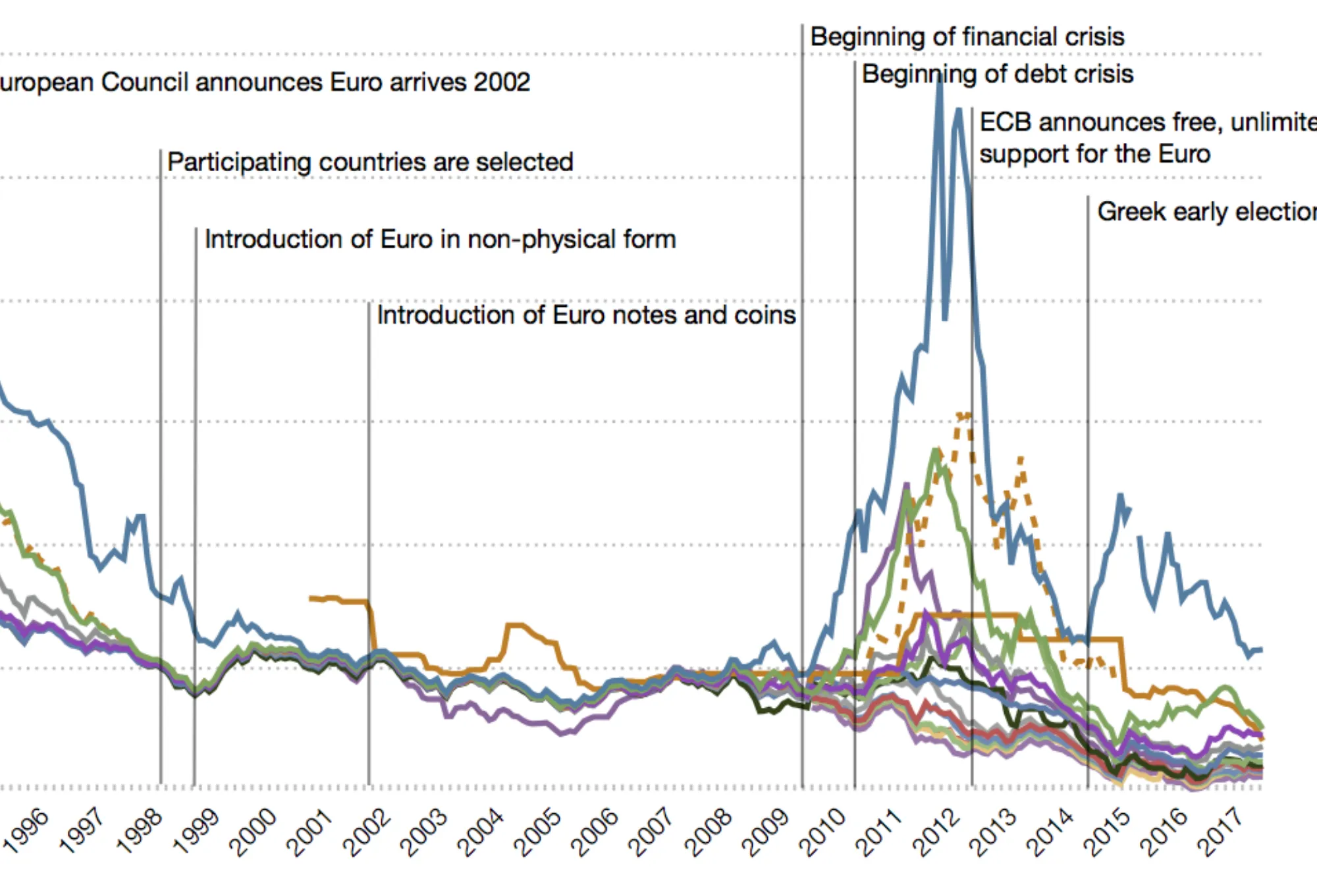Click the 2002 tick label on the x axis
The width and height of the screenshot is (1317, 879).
tap(367, 832)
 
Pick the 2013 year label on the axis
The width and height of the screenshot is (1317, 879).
tap(992, 832)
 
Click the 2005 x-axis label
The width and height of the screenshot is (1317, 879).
tap(537, 832)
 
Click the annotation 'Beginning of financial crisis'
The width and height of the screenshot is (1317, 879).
tap(967, 37)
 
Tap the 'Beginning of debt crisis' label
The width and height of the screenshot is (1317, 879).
tap(997, 74)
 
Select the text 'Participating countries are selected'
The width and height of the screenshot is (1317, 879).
tap(370, 162)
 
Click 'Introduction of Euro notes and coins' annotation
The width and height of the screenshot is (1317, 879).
tap(586, 315)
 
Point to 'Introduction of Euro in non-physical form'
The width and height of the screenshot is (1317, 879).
tap(440, 239)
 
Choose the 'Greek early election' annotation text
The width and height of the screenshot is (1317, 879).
tap(1205, 212)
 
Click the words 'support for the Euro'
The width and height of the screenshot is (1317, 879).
tap(1094, 154)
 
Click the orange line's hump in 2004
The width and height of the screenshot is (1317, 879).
tap(516, 625)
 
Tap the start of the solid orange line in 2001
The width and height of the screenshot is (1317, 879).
tap(311, 598)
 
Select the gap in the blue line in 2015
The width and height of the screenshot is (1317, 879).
tap(1135, 523)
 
